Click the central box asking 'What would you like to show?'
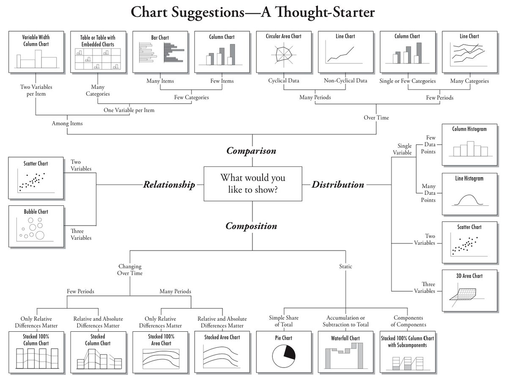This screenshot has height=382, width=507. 253,183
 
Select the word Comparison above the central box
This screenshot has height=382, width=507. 251,150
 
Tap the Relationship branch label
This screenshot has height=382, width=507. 169,185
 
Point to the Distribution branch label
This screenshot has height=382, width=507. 338,185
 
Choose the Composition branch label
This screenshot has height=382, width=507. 251,226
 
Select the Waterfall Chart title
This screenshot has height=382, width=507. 345,338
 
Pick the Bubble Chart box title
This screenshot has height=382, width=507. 36,212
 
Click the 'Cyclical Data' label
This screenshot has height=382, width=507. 284,80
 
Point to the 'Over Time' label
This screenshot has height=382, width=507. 376,117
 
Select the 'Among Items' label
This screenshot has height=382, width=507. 67,123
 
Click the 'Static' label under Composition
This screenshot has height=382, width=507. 345,266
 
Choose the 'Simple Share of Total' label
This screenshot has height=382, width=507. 284,321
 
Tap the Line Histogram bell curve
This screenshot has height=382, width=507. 469,200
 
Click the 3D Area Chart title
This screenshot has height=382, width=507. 469,276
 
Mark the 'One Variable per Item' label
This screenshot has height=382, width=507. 129,110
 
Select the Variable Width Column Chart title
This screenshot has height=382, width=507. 36,41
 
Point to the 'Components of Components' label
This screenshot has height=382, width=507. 408,321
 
